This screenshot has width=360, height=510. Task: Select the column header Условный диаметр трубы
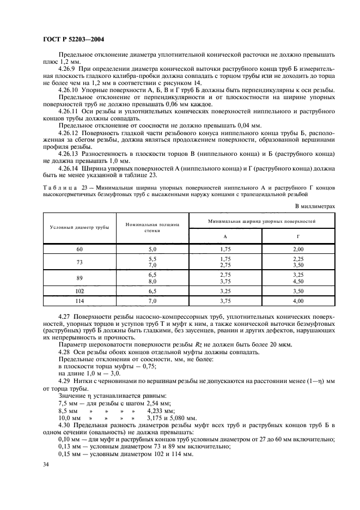tap(80, 227)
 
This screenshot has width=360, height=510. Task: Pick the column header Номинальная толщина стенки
tap(152, 227)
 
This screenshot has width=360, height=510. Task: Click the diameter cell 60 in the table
tap(80, 248)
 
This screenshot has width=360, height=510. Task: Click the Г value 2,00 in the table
tap(298, 248)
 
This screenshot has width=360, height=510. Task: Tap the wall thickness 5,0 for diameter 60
tap(152, 248)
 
